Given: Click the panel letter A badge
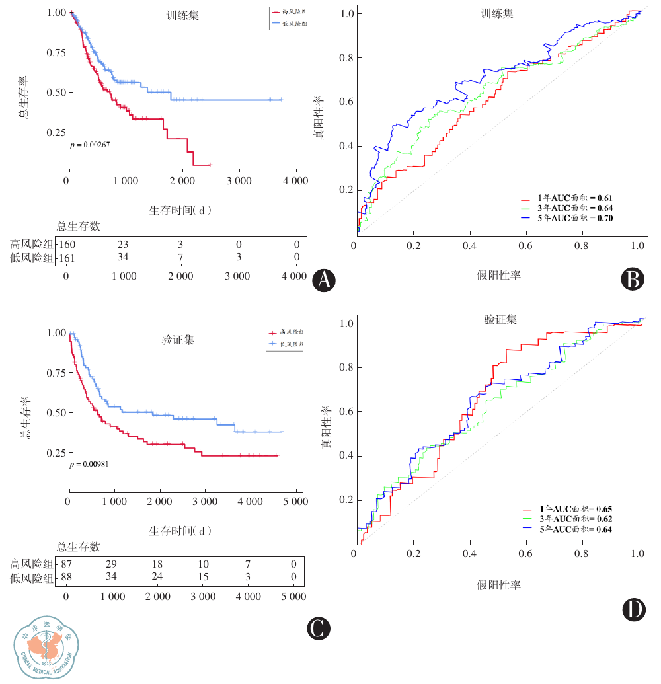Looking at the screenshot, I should click(x=324, y=281).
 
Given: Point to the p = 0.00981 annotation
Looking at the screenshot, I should click(x=90, y=464).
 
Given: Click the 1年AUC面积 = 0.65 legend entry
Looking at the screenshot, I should click(x=567, y=509).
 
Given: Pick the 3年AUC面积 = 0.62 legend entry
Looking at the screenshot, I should click(x=567, y=519).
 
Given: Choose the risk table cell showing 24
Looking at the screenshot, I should click(x=157, y=578).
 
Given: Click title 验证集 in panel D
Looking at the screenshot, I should click(x=500, y=320).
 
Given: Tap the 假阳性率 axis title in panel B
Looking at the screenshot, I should click(x=499, y=274).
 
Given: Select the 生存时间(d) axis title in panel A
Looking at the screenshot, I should click(x=180, y=210).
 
